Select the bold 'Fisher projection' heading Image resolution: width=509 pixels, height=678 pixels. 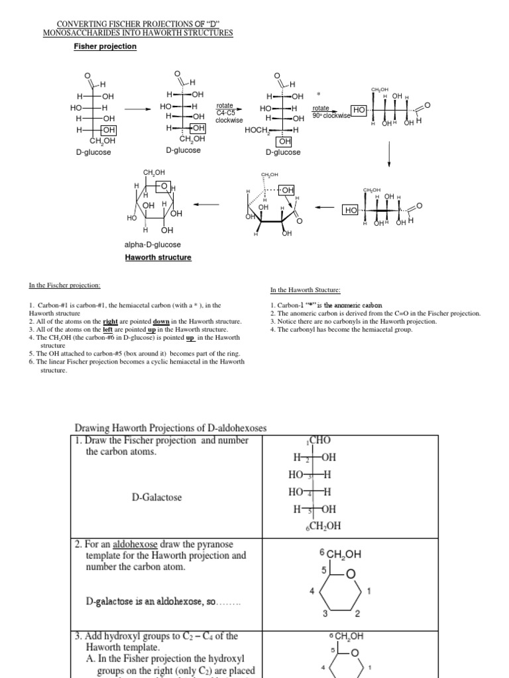click(x=105, y=46)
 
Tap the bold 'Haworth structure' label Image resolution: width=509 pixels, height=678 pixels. click(x=158, y=257)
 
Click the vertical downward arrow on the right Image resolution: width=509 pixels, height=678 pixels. click(x=388, y=155)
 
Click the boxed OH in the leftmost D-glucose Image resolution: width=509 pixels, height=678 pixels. click(x=108, y=130)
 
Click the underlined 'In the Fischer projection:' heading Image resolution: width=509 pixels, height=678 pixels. click(x=64, y=285)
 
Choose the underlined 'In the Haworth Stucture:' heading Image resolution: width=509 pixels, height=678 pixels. click(x=306, y=289)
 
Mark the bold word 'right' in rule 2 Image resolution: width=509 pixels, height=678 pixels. click(x=101, y=321)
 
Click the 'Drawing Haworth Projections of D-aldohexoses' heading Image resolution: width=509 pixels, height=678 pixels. click(x=170, y=428)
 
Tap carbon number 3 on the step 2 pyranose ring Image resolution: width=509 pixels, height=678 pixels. click(x=325, y=613)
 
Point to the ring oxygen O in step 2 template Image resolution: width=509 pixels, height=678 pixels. click(x=351, y=573)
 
